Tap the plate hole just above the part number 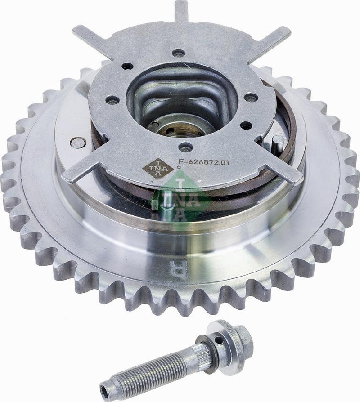pos(185,147)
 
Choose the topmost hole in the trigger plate pos(178,53)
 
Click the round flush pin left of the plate pos(78,143)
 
